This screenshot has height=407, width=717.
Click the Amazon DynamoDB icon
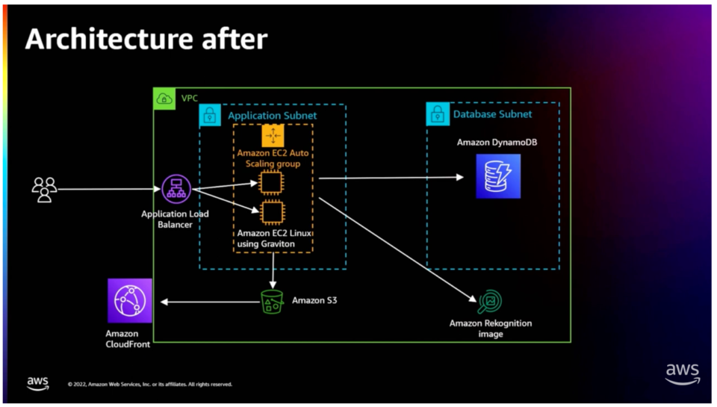(x=498, y=176)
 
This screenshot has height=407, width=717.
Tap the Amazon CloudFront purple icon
(x=129, y=301)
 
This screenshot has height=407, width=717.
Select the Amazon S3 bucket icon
(x=272, y=302)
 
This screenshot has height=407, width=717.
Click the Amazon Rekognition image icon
(x=490, y=302)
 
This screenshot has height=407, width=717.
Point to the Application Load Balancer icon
(x=176, y=190)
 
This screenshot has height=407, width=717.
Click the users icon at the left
(x=44, y=190)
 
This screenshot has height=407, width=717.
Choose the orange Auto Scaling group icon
(x=273, y=135)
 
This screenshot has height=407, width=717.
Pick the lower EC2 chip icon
(x=272, y=213)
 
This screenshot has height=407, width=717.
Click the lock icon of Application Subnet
(x=210, y=115)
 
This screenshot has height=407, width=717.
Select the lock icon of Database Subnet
(x=437, y=114)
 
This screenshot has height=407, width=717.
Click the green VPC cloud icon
(x=164, y=98)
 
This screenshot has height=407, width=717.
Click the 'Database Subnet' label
(x=492, y=114)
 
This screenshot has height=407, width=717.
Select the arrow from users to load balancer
(x=108, y=190)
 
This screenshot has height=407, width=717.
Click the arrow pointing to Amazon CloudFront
(x=209, y=302)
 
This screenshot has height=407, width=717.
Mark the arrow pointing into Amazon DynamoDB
(x=388, y=178)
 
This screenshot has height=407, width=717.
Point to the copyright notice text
(x=149, y=385)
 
